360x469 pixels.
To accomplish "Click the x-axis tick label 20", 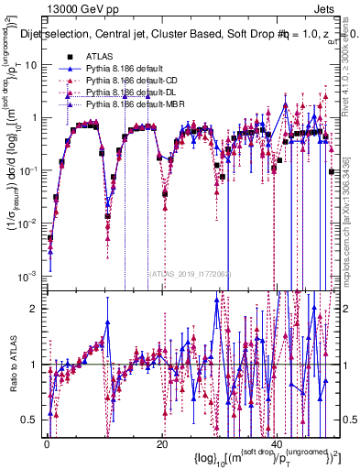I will click(162, 442).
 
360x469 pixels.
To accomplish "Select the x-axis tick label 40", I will click(278, 442).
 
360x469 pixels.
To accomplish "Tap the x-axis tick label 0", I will click(47, 442).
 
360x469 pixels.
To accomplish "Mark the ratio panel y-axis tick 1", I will click(33, 365).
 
